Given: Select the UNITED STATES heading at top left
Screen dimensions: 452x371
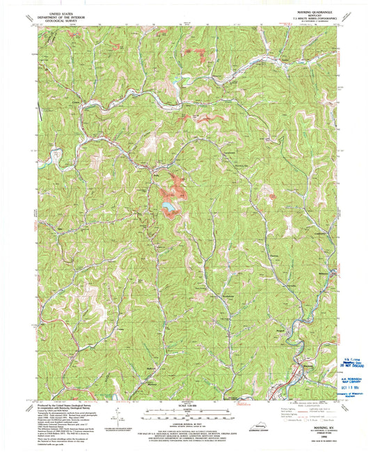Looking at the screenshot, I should [60, 10].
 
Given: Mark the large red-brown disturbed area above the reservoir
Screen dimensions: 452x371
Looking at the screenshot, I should [172, 189].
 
